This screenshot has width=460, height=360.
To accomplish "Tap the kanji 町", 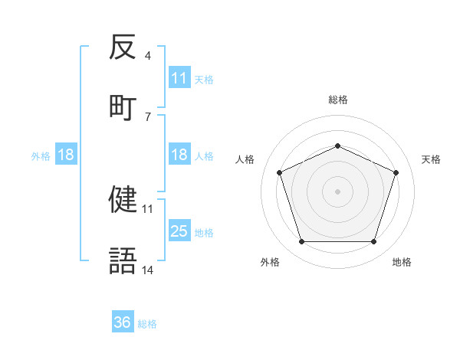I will tap(123, 106).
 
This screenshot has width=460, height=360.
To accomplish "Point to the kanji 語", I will tap(123, 260).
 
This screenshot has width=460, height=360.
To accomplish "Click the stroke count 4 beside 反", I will tap(147, 56).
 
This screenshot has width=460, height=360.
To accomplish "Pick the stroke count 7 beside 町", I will tap(147, 116).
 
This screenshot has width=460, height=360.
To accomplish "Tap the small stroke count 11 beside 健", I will tap(148, 208).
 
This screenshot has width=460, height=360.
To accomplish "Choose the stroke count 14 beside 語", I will tap(148, 270).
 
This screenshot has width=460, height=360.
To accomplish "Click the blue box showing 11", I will tap(179, 77).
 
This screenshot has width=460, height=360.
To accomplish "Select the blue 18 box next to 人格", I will tap(179, 155).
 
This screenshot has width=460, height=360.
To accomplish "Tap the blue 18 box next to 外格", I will tap(66, 155).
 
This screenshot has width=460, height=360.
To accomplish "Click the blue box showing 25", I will tap(179, 231).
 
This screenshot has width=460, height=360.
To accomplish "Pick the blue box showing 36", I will tap(123, 322).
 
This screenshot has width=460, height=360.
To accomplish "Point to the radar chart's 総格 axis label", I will tap(337, 100).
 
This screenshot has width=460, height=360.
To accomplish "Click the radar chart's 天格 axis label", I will tap(431, 159).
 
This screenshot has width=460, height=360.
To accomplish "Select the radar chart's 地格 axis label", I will tap(402, 262).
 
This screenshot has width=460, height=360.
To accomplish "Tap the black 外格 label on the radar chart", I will tap(270, 262).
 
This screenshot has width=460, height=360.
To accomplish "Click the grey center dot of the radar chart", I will tap(337, 191).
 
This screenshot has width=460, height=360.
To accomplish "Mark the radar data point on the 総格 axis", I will tap(337, 145).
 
